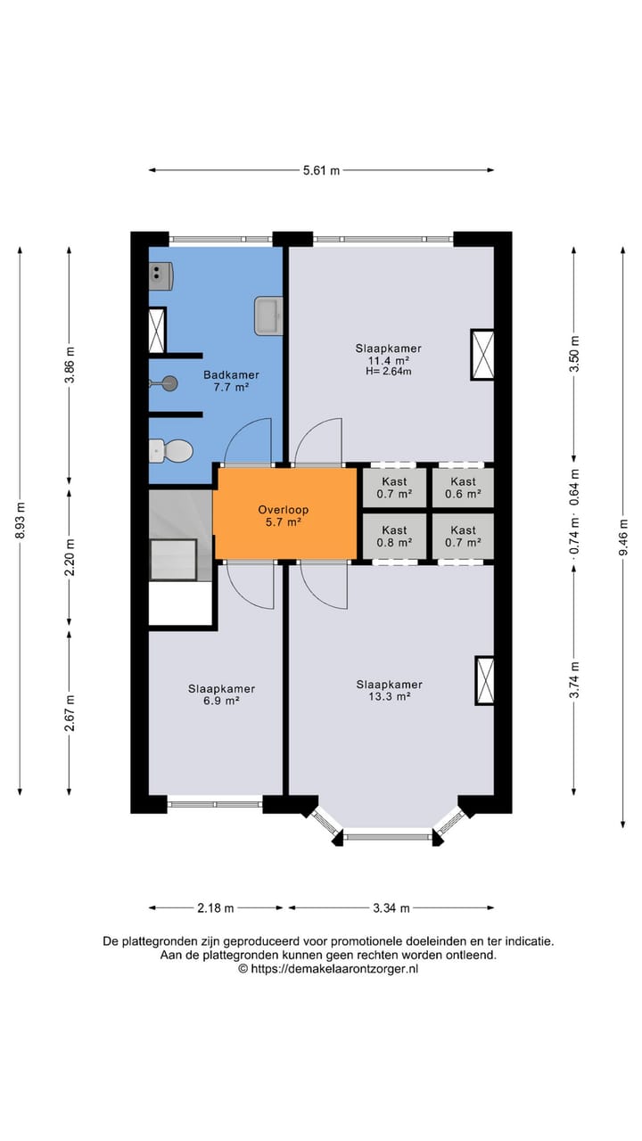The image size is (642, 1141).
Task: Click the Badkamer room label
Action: click(231, 382)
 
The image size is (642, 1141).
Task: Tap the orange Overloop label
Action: click(283, 516)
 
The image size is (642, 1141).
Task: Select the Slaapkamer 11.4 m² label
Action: click(388, 355)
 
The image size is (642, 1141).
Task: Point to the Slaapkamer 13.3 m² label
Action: click(389, 691)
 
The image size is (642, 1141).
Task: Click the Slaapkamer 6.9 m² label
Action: click(221, 694)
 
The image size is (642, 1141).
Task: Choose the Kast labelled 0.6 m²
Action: click(463, 488)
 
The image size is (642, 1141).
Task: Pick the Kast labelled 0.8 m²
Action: click(393, 536)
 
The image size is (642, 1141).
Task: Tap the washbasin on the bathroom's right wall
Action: click(268, 316)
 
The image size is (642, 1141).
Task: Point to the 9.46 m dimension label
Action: click(622, 537)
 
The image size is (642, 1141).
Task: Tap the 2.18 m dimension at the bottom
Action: click(216, 908)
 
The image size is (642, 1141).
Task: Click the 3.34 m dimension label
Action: click(391, 908)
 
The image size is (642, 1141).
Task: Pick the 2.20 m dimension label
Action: click(70, 556)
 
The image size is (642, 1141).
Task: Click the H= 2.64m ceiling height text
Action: click(389, 372)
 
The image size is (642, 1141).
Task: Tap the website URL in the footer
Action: click(328, 968)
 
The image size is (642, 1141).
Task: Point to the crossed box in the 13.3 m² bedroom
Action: click(484, 680)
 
